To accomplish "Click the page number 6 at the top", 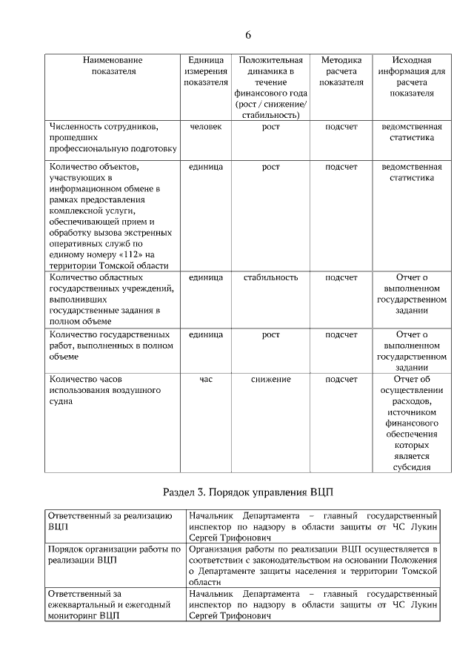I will tap(247, 35).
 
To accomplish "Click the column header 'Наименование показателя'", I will tap(113, 66).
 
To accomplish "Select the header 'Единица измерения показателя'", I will tap(205, 71).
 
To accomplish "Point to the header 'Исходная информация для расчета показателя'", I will tap(411, 76).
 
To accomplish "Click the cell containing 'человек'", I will tap(205, 127).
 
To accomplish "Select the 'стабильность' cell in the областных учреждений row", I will tap(270, 277).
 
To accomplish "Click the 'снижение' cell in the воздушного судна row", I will tap(270, 379).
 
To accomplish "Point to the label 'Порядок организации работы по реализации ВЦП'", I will tap(114, 554).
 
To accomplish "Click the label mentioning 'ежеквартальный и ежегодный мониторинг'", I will tap(109, 604).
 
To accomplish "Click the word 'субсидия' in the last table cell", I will tap(412, 467).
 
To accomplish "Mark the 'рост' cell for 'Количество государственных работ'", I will tap(270, 334).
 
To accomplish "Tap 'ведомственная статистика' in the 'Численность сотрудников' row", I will tap(412, 132).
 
